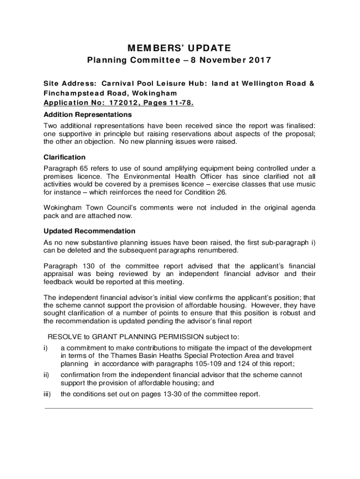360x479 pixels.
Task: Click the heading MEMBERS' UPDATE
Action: [x=180, y=48]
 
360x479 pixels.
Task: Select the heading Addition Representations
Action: [x=87, y=115]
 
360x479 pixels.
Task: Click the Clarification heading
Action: [x=65, y=157]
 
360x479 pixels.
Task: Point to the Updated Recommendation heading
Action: [x=89, y=231]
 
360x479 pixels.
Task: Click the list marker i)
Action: [x=46, y=348]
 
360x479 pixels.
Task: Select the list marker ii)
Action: [x=47, y=375]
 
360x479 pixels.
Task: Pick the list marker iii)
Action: [x=48, y=394]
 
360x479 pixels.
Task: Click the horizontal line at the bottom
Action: [x=178, y=408]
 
